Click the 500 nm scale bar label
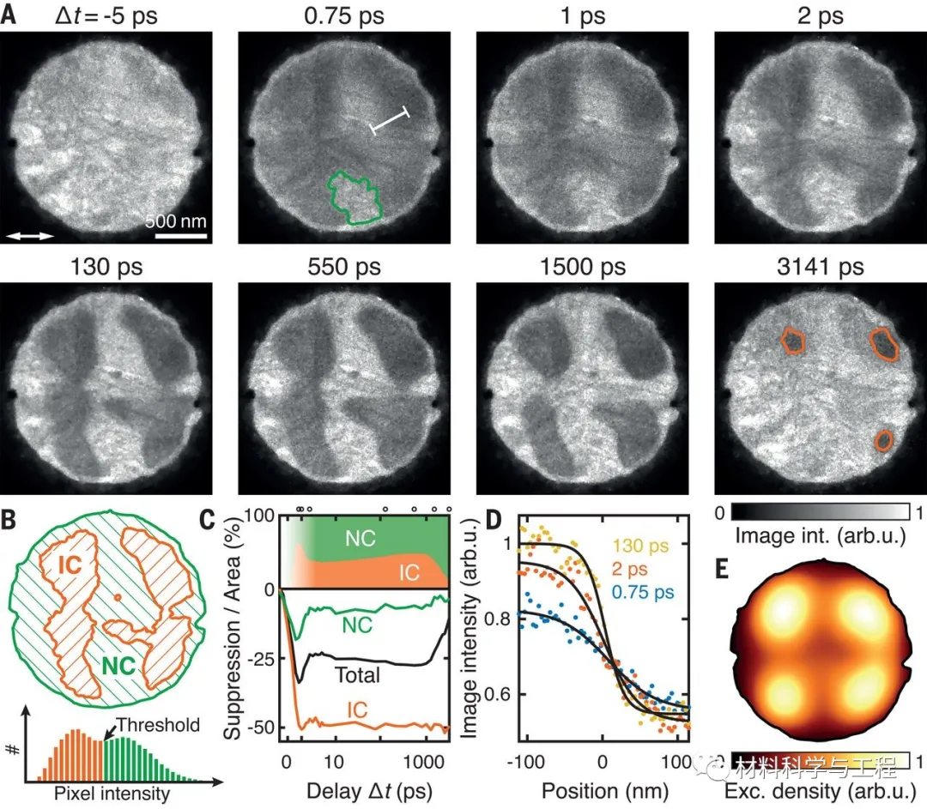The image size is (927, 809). pos(175,220)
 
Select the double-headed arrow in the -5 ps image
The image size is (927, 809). pos(30,234)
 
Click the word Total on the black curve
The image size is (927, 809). pos(357,674)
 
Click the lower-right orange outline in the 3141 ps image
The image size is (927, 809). pos(884,440)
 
